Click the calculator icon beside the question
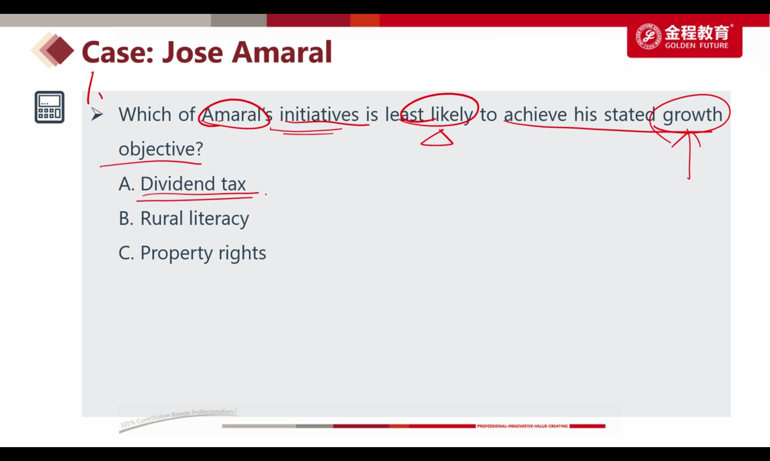coord(50,107)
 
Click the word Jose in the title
coord(192,52)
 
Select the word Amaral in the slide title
coord(282,52)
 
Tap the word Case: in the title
coord(118,52)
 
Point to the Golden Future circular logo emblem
coord(648,36)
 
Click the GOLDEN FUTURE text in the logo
coord(696,45)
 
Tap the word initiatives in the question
coord(319,114)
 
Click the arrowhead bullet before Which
coord(97,115)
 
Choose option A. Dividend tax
coord(182,184)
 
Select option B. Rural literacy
coord(184,219)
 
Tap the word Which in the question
coord(145,114)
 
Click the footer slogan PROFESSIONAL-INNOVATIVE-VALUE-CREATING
coord(522,426)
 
